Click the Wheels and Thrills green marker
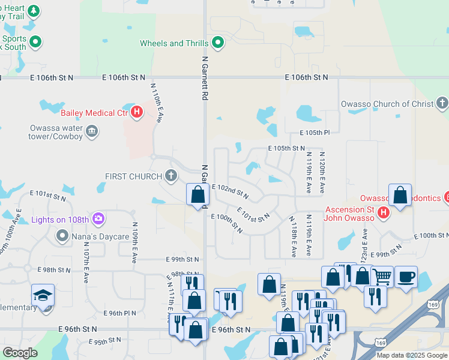point(218,43)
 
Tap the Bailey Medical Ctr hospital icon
point(137,112)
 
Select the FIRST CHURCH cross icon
point(171,176)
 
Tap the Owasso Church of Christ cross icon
point(442,104)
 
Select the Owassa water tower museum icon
point(91,131)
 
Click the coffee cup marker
point(406,276)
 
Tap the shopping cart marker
point(382,276)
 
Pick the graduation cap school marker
point(43,296)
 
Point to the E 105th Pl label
point(315,133)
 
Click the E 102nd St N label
point(230,190)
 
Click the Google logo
point(20,353)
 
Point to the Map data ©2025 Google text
point(411,355)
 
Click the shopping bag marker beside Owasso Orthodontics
point(400,195)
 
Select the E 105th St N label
point(286,148)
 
